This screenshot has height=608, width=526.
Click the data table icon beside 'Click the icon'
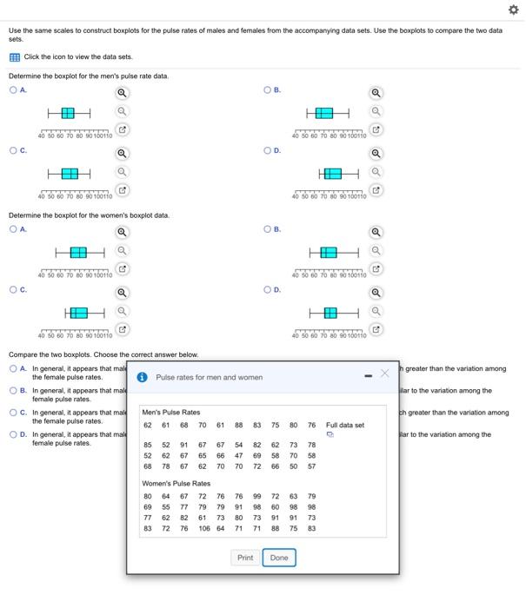pos(14,57)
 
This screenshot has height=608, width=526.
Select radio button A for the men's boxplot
pos(13,89)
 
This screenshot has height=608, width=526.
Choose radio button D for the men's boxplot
pos(268,150)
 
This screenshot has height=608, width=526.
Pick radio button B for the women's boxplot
pos(268,229)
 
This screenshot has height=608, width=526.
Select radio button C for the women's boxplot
pos(13,290)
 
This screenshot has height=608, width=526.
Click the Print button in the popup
pos(245,558)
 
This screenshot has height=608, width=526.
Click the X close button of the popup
pos(384,373)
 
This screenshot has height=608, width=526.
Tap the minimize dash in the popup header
pos(368,375)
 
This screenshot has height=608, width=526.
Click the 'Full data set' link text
pos(344,426)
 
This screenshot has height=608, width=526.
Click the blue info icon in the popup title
pos(143,377)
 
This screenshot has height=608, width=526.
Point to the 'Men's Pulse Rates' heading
pos(170,412)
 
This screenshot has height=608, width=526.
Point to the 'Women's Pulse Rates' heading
pos(176,483)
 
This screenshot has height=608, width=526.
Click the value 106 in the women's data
pos(203,528)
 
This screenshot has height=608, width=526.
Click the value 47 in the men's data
pos(238,455)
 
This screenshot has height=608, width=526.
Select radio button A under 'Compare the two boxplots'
pos(13,368)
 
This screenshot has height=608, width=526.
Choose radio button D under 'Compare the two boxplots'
pos(13,434)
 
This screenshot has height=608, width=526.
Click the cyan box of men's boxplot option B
pos(323,114)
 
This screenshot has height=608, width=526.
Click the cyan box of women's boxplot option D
pos(330,312)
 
